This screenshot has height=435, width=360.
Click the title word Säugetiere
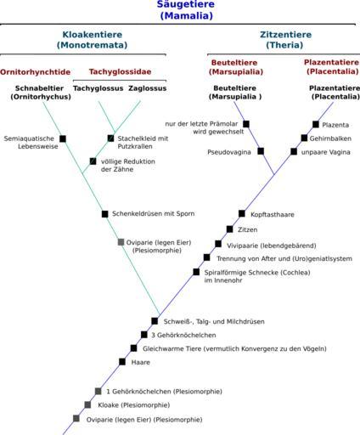[186, 4]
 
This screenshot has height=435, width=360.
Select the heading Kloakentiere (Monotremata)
[93, 40]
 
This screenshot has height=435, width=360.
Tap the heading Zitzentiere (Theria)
[285, 40]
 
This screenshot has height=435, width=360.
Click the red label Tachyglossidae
[120, 71]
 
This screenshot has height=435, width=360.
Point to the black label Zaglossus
[148, 88]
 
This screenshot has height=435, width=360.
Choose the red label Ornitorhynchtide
[35, 72]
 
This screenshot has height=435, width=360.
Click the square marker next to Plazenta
[316, 124]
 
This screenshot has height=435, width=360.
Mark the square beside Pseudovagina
[261, 151]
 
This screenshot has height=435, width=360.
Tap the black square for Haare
[122, 362]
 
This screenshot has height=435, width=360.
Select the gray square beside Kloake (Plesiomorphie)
[87, 404]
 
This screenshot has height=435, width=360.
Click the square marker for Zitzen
[230, 229]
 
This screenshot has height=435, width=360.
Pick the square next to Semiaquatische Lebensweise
[63, 138]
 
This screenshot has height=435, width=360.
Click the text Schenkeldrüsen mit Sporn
[154, 213]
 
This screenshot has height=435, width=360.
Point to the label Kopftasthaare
[273, 215]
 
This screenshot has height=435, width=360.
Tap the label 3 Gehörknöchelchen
[183, 335]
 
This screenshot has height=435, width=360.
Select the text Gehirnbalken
[330, 138]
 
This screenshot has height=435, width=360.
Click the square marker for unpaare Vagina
[294, 151]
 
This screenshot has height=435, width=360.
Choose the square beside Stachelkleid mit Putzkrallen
[110, 138]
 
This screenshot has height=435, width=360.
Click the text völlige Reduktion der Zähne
[128, 166]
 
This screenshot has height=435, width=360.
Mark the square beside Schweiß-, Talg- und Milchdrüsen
[155, 321]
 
